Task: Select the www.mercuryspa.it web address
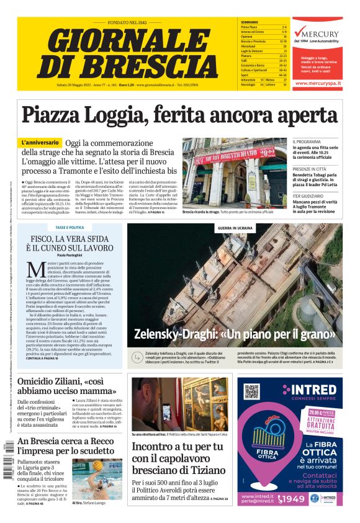(317, 82)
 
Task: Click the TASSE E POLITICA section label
(70, 228)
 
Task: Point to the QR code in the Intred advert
(251, 391)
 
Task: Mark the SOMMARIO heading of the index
(249, 22)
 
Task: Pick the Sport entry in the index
(245, 74)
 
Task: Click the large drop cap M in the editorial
(36, 270)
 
